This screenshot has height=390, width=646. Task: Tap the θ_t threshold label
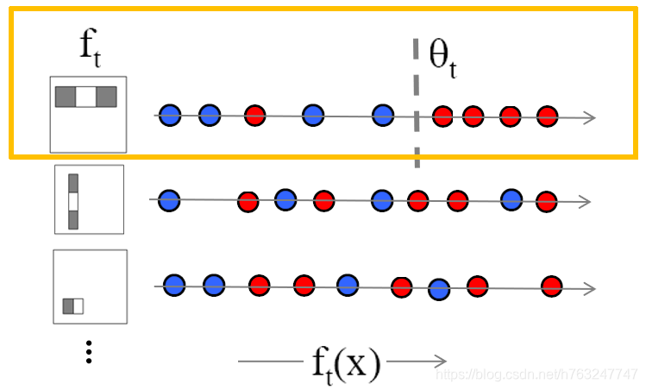[x=442, y=60]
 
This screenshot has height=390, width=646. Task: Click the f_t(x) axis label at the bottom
[x=345, y=363]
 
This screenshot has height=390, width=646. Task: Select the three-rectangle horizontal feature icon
[x=85, y=97]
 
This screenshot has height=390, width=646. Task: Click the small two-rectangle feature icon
[x=73, y=305]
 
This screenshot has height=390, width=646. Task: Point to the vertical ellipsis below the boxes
[x=89, y=351]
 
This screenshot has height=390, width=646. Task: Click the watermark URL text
[x=536, y=374]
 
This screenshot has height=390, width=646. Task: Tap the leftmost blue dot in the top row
[x=171, y=114]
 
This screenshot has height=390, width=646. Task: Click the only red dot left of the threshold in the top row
[x=254, y=115]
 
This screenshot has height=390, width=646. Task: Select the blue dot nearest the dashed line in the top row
[x=383, y=115]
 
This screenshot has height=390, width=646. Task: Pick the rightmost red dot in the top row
[x=548, y=116]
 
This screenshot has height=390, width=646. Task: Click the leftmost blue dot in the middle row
[x=169, y=201]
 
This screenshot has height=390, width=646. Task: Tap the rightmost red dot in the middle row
[x=546, y=202]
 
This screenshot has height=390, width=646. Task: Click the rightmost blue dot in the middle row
[x=512, y=198]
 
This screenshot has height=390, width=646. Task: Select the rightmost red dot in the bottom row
[x=551, y=286]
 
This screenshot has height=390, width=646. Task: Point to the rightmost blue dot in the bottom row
[x=440, y=290]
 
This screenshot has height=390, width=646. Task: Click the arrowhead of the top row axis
[x=590, y=118]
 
